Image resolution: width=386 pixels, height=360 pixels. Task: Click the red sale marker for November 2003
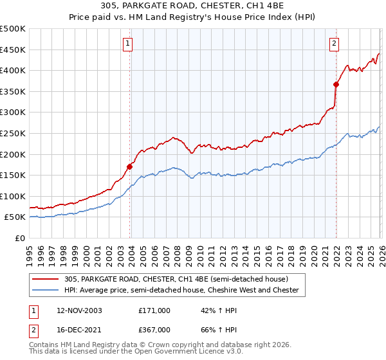click(130, 166)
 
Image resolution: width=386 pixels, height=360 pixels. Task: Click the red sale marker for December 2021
click(336, 84)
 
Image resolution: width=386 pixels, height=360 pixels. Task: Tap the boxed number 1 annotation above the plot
click(128, 44)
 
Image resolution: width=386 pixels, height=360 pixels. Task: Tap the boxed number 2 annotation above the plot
click(335, 44)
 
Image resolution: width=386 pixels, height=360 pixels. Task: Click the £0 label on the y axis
click(20, 238)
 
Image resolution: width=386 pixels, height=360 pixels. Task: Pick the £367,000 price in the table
click(154, 329)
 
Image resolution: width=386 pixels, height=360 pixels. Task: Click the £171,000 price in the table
click(154, 310)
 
